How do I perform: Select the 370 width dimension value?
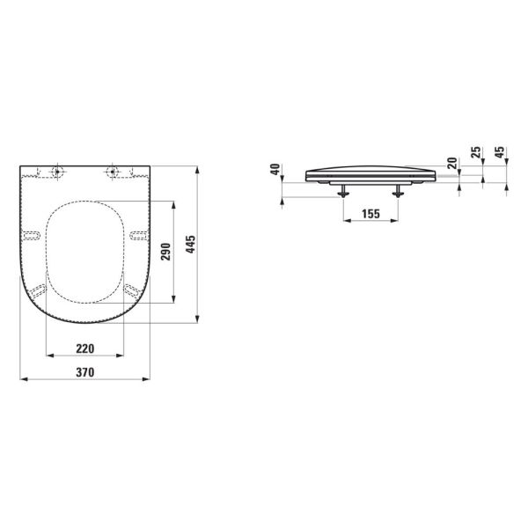[x=84, y=372]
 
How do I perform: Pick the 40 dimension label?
[x=275, y=170]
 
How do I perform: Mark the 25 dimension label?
[x=477, y=154]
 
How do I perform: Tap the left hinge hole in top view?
[x=58, y=170]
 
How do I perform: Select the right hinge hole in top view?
[x=112, y=170]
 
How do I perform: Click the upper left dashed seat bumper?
[x=32, y=235]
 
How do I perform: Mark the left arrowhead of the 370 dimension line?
[x=22, y=380]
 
